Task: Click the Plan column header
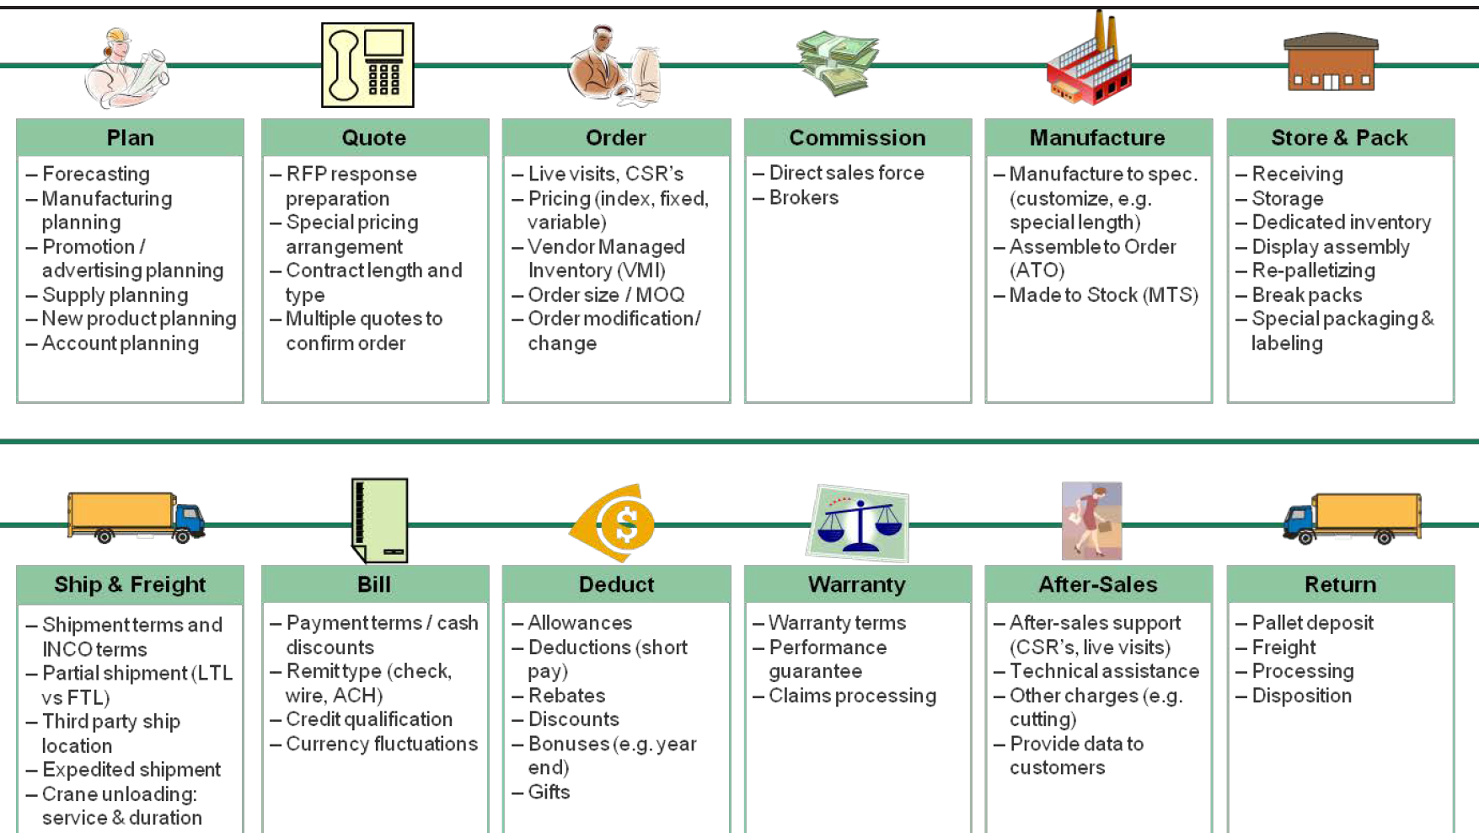point(130,137)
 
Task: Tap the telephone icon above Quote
point(367,65)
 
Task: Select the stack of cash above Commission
point(837,63)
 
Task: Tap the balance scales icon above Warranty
point(859,524)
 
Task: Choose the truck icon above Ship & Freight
point(137,517)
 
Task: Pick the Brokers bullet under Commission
point(803,197)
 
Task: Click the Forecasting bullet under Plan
point(95,174)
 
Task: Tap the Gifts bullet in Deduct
point(549,792)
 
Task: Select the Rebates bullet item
point(566,696)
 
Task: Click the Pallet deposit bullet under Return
point(1312,623)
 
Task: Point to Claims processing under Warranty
point(851,696)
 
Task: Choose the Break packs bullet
point(1306,295)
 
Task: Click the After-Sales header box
point(1098,584)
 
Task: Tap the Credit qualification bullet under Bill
point(368,719)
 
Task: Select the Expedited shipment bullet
point(131,770)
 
